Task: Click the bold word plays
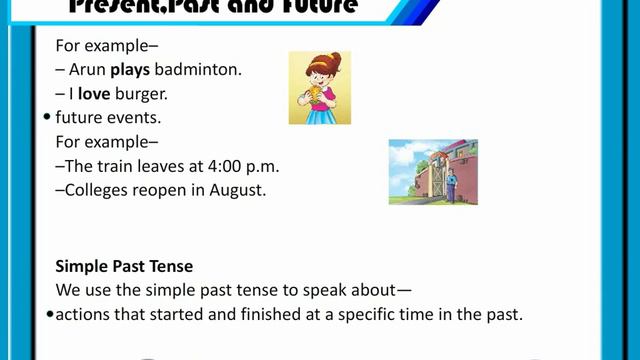coord(130,70)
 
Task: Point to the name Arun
coord(88,70)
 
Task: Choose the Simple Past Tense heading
coord(124,267)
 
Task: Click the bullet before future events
coord(47,117)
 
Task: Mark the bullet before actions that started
coord(49,315)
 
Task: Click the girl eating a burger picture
coord(319,88)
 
